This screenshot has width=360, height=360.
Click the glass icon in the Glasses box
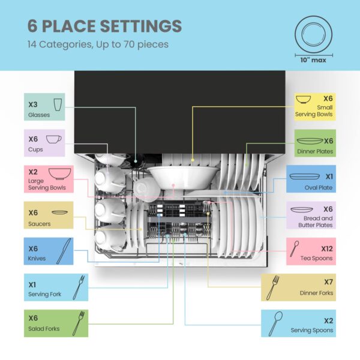pyautogui.click(x=58, y=104)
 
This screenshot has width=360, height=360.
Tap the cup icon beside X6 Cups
pyautogui.click(x=54, y=139)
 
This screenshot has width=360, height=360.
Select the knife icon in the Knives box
pyautogui.click(x=64, y=251)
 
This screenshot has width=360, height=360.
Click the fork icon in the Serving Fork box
pyautogui.click(x=79, y=287)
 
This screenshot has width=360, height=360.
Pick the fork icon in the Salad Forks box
pyautogui.click(x=79, y=323)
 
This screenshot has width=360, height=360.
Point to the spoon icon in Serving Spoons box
pyautogui.click(x=275, y=324)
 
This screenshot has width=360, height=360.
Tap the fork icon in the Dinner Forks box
pyautogui.click(x=273, y=287)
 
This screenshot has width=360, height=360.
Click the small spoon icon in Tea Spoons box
pyautogui.click(x=294, y=248)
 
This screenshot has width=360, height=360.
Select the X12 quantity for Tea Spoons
pyautogui.click(x=327, y=248)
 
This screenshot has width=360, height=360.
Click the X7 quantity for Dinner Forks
pyautogui.click(x=328, y=282)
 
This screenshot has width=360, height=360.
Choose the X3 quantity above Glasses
pyautogui.click(x=33, y=104)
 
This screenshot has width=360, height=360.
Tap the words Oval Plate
pyautogui.click(x=319, y=188)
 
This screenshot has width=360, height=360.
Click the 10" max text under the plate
pyautogui.click(x=313, y=60)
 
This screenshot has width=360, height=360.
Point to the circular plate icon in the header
pyautogui.click(x=313, y=35)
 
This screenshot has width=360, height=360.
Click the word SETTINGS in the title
pyautogui.click(x=141, y=26)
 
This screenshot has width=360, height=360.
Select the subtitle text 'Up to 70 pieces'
pyautogui.click(x=132, y=44)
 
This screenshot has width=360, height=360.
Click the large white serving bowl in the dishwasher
pyautogui.click(x=183, y=177)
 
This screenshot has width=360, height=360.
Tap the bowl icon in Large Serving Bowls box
pyautogui.click(x=59, y=174)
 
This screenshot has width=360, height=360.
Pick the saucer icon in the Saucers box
pyautogui.click(x=59, y=212)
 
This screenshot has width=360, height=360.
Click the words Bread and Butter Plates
pyautogui.click(x=316, y=221)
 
